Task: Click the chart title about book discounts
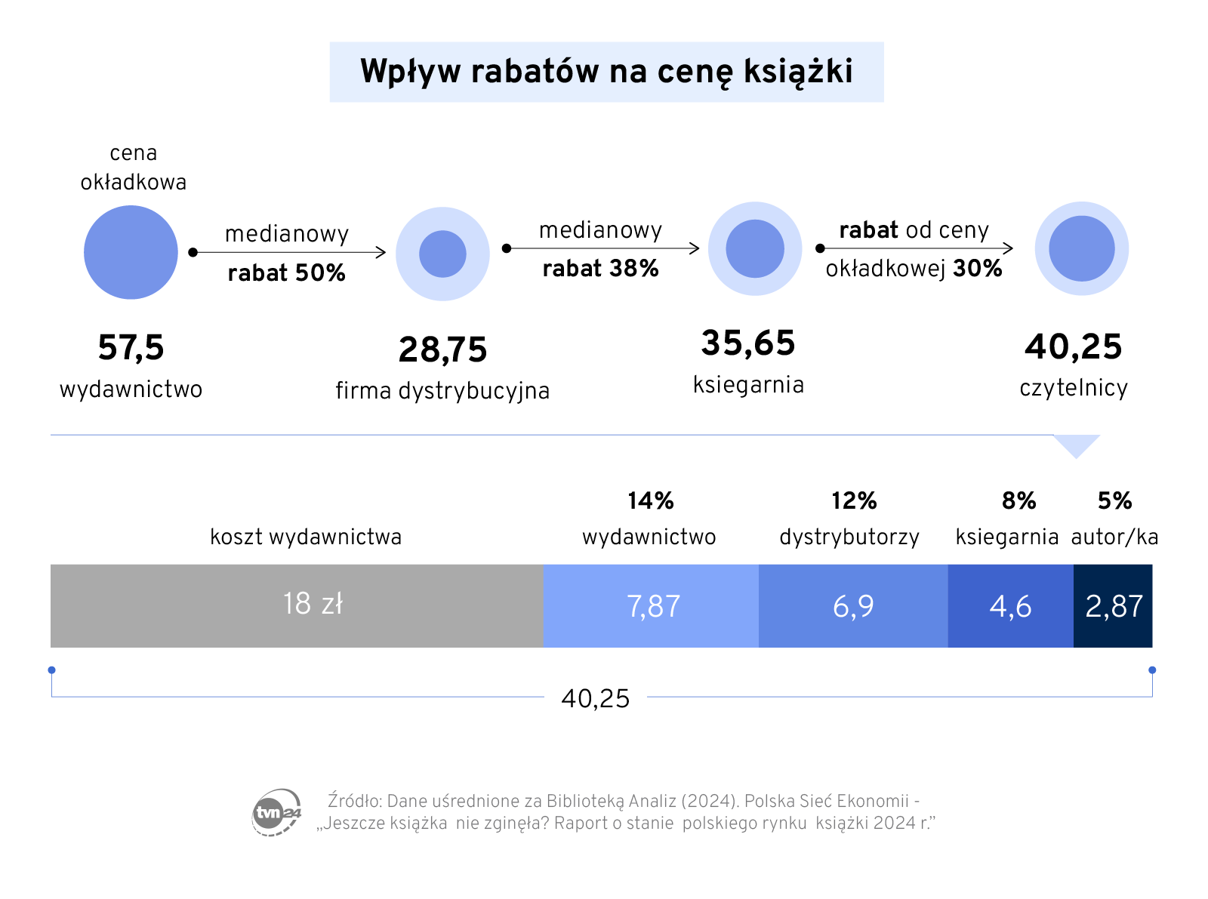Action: pos(606,72)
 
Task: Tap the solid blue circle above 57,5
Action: pos(131,252)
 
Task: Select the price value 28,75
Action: pos(443,349)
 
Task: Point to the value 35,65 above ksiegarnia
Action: pos(748,343)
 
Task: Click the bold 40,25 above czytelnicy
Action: pos(1074,346)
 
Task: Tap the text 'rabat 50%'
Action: pos(287,272)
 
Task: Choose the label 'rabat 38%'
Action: pos(601,268)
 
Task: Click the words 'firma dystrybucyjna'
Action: pos(442,390)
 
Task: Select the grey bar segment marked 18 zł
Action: pos(297,605)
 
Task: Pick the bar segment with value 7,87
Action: pos(651,605)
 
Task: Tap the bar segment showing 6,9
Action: pos(853,605)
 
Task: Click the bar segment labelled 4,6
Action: pos(1010,605)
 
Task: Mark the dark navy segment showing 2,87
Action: pos(1113,605)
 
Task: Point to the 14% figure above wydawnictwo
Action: pos(650,500)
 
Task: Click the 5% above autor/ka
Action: pos(1114,500)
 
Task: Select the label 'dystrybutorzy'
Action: pos(849,537)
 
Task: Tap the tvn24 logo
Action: pos(276,812)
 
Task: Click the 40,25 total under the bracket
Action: pos(595,698)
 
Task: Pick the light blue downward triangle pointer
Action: pos(1077,445)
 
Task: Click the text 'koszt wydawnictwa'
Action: pos(306,537)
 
